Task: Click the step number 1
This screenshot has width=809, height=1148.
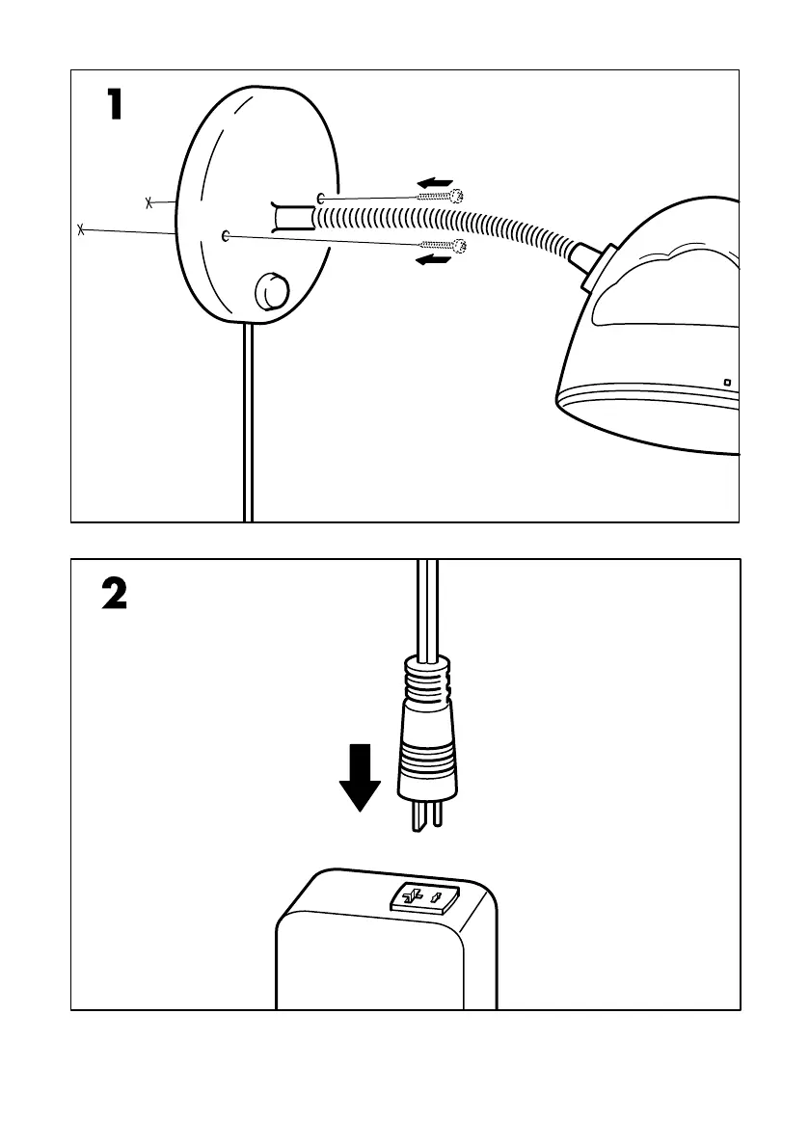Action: [114, 105]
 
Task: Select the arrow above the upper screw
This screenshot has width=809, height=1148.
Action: [435, 181]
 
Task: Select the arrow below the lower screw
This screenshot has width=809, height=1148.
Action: [434, 260]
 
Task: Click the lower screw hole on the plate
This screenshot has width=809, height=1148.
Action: [225, 235]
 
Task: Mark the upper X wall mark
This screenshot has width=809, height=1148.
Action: [148, 202]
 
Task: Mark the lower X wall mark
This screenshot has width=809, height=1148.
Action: [81, 229]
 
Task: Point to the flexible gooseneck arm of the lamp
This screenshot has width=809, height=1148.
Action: [453, 218]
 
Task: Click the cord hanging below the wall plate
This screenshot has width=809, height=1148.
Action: [248, 424]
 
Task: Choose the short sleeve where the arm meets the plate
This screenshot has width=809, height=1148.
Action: [290, 217]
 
